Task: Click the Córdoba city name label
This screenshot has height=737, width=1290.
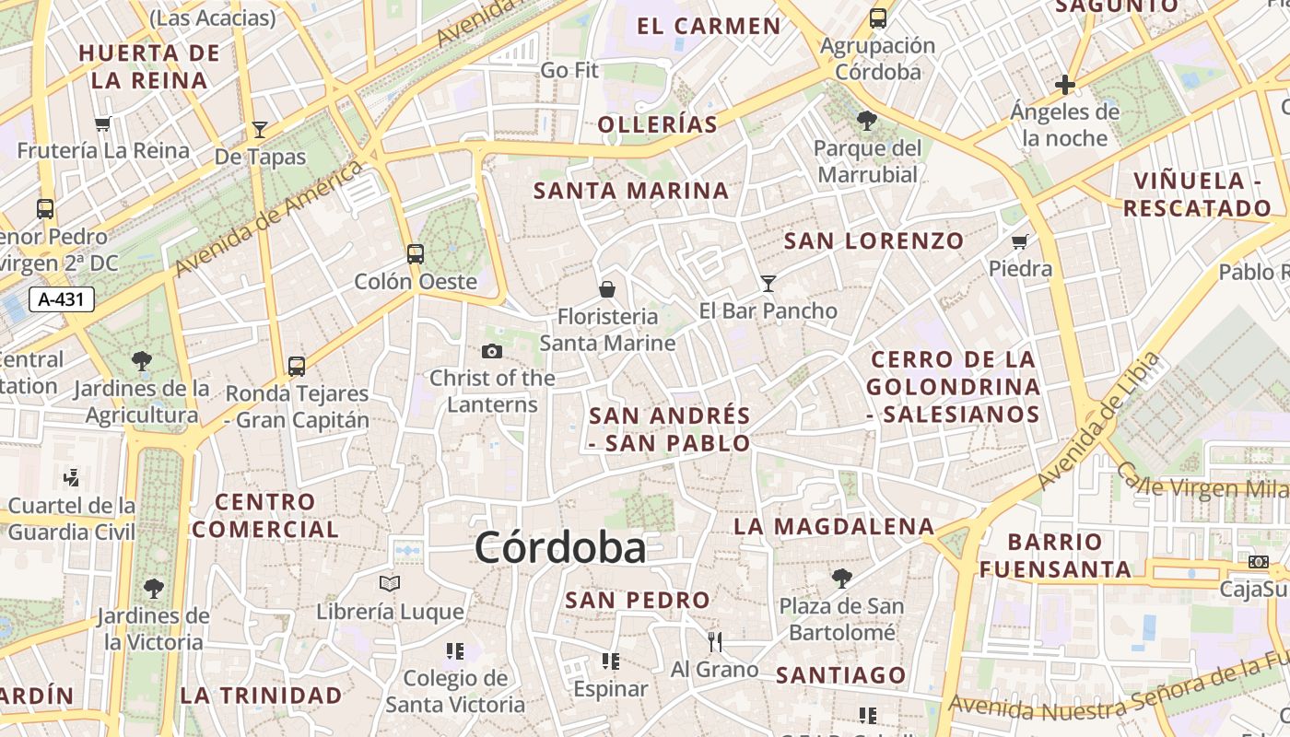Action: [560, 548]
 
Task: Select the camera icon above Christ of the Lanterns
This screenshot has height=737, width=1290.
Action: [492, 351]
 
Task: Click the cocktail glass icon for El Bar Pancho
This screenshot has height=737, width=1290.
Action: [768, 284]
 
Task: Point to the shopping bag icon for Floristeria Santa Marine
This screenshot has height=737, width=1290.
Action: [607, 289]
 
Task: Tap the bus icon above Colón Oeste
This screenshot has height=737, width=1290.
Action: [416, 253]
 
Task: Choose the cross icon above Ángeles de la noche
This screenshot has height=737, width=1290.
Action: [1065, 86]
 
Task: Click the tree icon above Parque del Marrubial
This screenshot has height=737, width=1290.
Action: [866, 120]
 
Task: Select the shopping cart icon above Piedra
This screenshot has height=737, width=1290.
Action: [1019, 241]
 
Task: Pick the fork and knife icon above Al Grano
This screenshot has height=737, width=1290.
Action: [715, 641]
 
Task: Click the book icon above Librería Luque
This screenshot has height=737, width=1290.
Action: [390, 583]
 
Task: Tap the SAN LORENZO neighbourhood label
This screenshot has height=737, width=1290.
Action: [874, 241]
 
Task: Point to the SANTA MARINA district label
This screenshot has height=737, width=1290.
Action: [631, 191]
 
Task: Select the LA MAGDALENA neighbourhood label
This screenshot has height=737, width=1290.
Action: [834, 527]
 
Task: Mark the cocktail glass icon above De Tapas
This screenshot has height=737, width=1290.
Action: [260, 130]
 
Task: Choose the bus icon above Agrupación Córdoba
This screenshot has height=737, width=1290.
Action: [878, 18]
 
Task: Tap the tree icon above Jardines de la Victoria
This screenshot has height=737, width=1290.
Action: [154, 588]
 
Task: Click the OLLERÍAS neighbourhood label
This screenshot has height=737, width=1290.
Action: [657, 124]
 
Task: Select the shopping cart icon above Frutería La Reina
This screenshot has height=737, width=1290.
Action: [103, 123]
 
